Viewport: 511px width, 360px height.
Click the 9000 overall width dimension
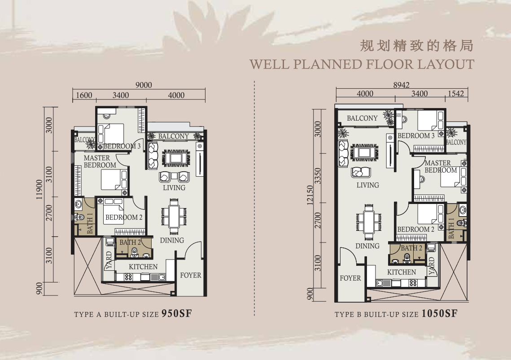[x=144, y=85]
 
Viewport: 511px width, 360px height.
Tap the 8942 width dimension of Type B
[x=401, y=85]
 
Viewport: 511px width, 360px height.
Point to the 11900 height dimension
[x=39, y=189]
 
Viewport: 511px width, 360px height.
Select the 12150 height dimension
[x=310, y=195]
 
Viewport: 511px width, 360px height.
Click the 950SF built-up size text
[x=177, y=313]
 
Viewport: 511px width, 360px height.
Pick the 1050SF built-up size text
[x=440, y=313]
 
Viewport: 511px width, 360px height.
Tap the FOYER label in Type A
[x=191, y=275]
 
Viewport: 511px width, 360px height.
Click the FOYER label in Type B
[x=350, y=278]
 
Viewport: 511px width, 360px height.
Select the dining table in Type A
[x=174, y=217]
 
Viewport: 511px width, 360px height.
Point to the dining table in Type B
[x=369, y=222]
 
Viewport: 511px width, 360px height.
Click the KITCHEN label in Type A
[x=143, y=267]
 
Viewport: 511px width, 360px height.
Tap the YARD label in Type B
[x=432, y=266]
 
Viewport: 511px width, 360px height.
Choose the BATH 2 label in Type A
[x=130, y=243]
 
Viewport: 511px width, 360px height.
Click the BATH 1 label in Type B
[x=451, y=228]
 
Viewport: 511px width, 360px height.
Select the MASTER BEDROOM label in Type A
[x=100, y=161]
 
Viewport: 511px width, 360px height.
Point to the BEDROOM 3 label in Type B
[x=416, y=136]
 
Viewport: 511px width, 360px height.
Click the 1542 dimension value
[x=456, y=94]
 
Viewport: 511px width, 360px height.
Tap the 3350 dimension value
[x=318, y=176]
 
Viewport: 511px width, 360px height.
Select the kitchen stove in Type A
[x=128, y=277]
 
